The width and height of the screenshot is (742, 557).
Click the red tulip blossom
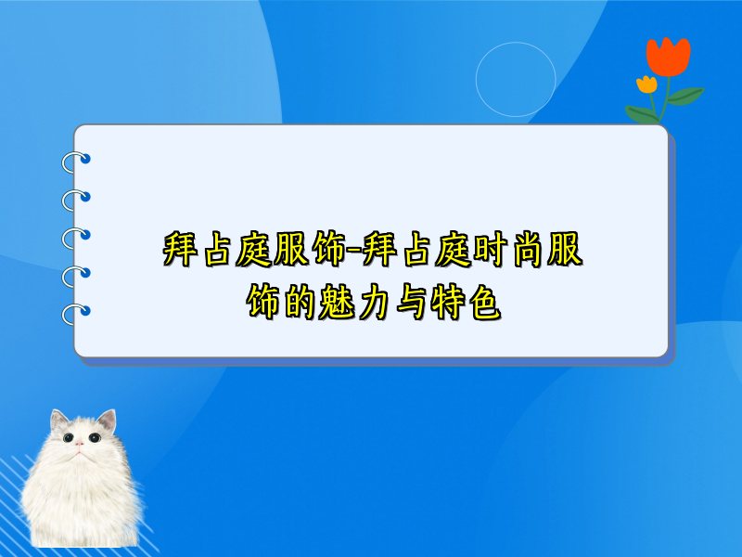(668, 56)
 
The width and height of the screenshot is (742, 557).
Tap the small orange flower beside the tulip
(646, 84)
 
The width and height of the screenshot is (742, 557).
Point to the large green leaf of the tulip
(686, 95)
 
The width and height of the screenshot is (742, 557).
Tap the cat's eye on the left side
(68, 437)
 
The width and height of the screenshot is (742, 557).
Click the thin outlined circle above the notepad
(516, 80)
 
